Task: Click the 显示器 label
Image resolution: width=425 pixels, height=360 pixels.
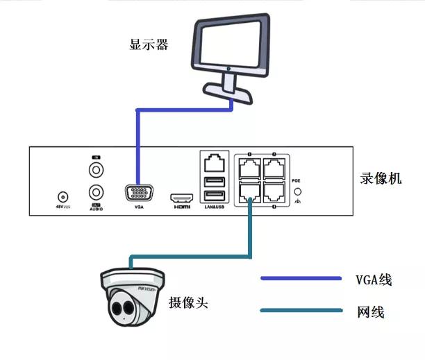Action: coord(149,45)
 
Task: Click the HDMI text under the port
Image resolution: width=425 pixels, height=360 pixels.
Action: coord(181,207)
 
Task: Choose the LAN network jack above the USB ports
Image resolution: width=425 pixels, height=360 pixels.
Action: coord(215,163)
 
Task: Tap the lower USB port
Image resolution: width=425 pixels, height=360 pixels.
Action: coord(215,194)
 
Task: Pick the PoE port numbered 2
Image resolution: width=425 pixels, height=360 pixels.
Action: coord(275,168)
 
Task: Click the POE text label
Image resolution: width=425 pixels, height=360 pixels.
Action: coord(297,178)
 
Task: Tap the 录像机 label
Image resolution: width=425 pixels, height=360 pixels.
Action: coord(380,178)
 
